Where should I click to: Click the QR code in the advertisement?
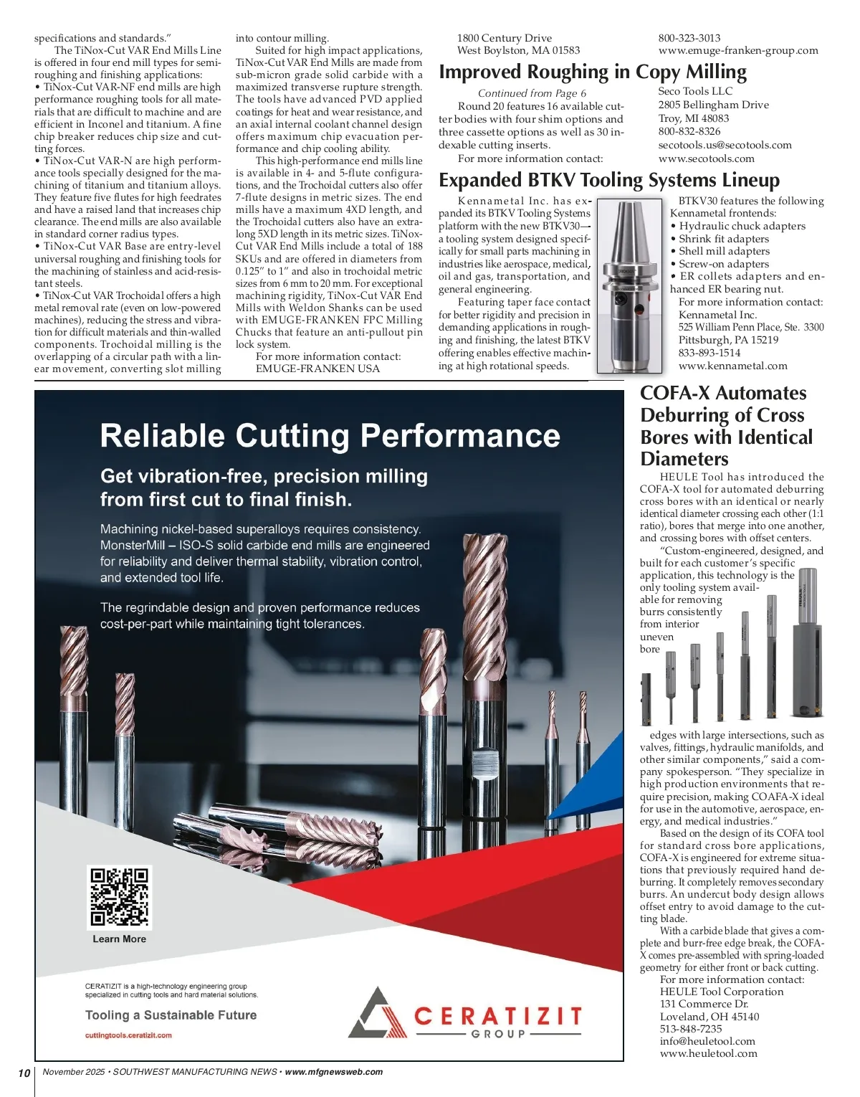pos(119,897)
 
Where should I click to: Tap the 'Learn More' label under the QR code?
pos(119,939)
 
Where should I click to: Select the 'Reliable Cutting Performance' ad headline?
pos(330,436)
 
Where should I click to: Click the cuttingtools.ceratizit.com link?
pos(128,1035)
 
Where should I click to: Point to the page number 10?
pos(24,1073)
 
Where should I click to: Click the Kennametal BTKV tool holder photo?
pos(629,285)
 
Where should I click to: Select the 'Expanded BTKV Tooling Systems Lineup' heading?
pos(609,180)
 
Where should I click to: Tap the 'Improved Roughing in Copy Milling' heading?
pos(592,72)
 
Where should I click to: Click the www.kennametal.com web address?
pos(732,366)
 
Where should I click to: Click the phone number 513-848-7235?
pos(691,1029)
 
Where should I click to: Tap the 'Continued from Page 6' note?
pos(532,93)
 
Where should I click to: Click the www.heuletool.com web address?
pos(708,1053)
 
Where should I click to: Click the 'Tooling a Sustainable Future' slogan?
pos(171,1015)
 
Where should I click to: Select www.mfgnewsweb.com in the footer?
pos(333,1072)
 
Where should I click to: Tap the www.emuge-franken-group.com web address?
pos(737,50)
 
